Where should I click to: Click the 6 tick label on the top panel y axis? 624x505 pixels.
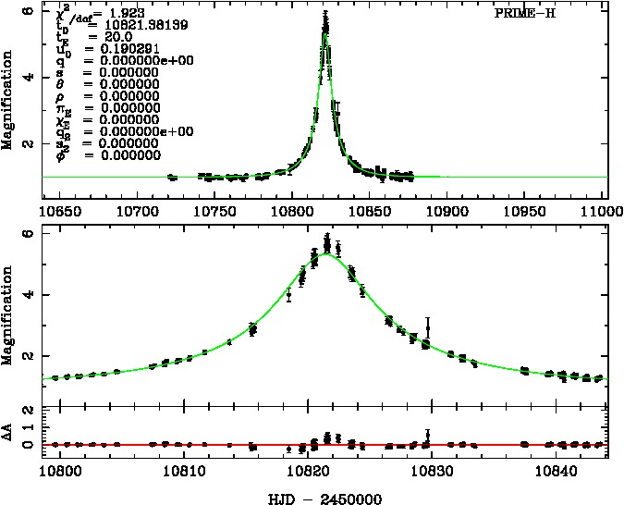pyautogui.click(x=30, y=12)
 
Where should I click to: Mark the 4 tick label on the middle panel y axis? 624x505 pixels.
pyautogui.click(x=30, y=295)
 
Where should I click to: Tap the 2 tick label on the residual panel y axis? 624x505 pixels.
pyautogui.click(x=30, y=410)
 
